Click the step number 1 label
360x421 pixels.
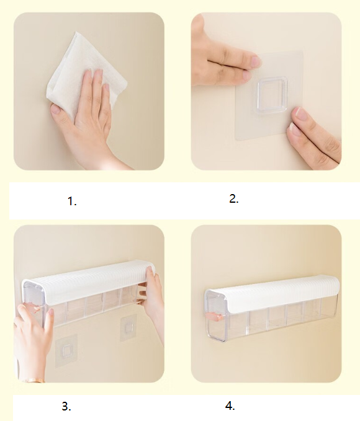tap(72, 201)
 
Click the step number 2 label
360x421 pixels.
tap(233, 199)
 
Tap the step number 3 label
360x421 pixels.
tap(66, 407)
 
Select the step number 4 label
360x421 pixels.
tap(230, 406)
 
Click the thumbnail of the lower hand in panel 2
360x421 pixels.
tap(302, 114)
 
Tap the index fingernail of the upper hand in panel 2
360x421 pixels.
tap(255, 61)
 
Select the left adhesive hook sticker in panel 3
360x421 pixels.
tap(66, 350)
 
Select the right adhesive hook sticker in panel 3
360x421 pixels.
tap(127, 329)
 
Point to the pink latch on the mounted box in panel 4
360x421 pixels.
tap(214, 317)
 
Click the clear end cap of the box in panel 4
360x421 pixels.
tap(215, 317)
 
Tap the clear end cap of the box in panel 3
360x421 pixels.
tap(34, 303)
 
